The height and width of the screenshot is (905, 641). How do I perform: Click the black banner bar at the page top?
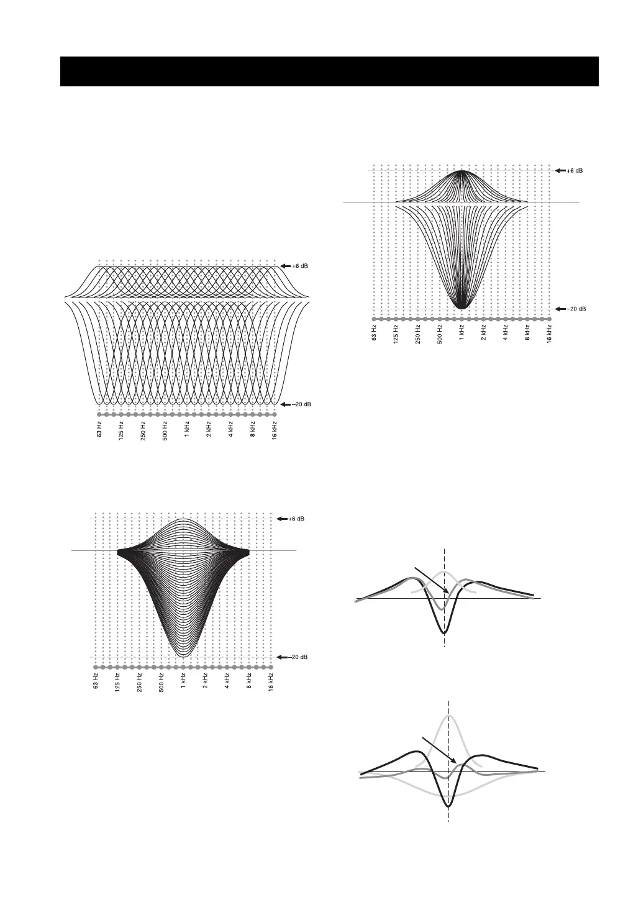[x=329, y=71]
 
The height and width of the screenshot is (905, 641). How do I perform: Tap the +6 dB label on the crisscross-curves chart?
[x=299, y=266]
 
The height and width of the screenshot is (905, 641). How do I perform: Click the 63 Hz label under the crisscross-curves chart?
[x=99, y=429]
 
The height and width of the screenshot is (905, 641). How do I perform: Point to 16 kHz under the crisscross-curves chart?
[x=275, y=431]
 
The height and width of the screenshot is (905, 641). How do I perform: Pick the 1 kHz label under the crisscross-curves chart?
[x=187, y=430]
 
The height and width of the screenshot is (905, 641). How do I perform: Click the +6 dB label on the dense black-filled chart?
[x=296, y=519]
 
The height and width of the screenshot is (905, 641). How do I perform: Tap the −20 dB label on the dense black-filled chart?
[x=298, y=657]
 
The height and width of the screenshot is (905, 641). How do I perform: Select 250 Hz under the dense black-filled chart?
[x=139, y=683]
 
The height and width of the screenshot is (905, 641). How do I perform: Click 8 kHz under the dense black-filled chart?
[x=249, y=681]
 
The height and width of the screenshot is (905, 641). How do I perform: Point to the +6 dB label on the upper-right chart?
[x=575, y=170]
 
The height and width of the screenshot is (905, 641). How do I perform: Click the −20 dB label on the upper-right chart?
[x=576, y=309]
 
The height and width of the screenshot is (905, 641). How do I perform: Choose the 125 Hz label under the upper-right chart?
[x=396, y=335]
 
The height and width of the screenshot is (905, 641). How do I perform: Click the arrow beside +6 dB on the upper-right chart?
[x=560, y=170]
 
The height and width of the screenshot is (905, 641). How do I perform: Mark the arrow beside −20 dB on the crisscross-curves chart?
[x=286, y=404]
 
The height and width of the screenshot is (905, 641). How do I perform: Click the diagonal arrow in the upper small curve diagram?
[x=432, y=581]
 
